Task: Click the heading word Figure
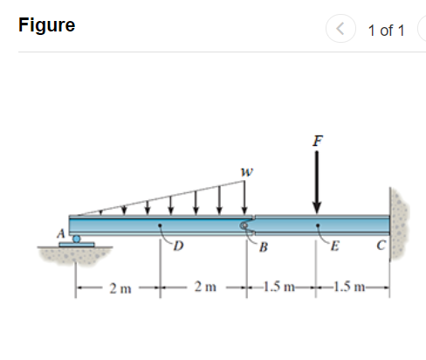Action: point(46,25)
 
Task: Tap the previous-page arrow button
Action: point(340,29)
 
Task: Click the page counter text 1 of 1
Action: point(386,31)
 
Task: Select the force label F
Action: point(318,141)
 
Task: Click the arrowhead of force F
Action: point(317,207)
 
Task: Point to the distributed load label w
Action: point(247,172)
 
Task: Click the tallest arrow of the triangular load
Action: point(244,197)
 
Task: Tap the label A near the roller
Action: point(61,233)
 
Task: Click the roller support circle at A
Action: point(76,239)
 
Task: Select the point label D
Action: point(179,246)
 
